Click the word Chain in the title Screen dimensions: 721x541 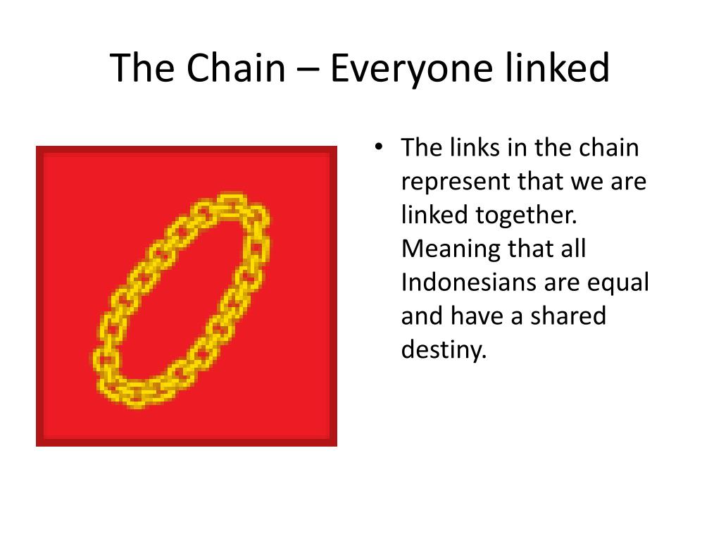[x=236, y=68]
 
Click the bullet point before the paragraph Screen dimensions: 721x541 [x=378, y=147]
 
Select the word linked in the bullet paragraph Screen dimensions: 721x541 [x=434, y=215]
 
